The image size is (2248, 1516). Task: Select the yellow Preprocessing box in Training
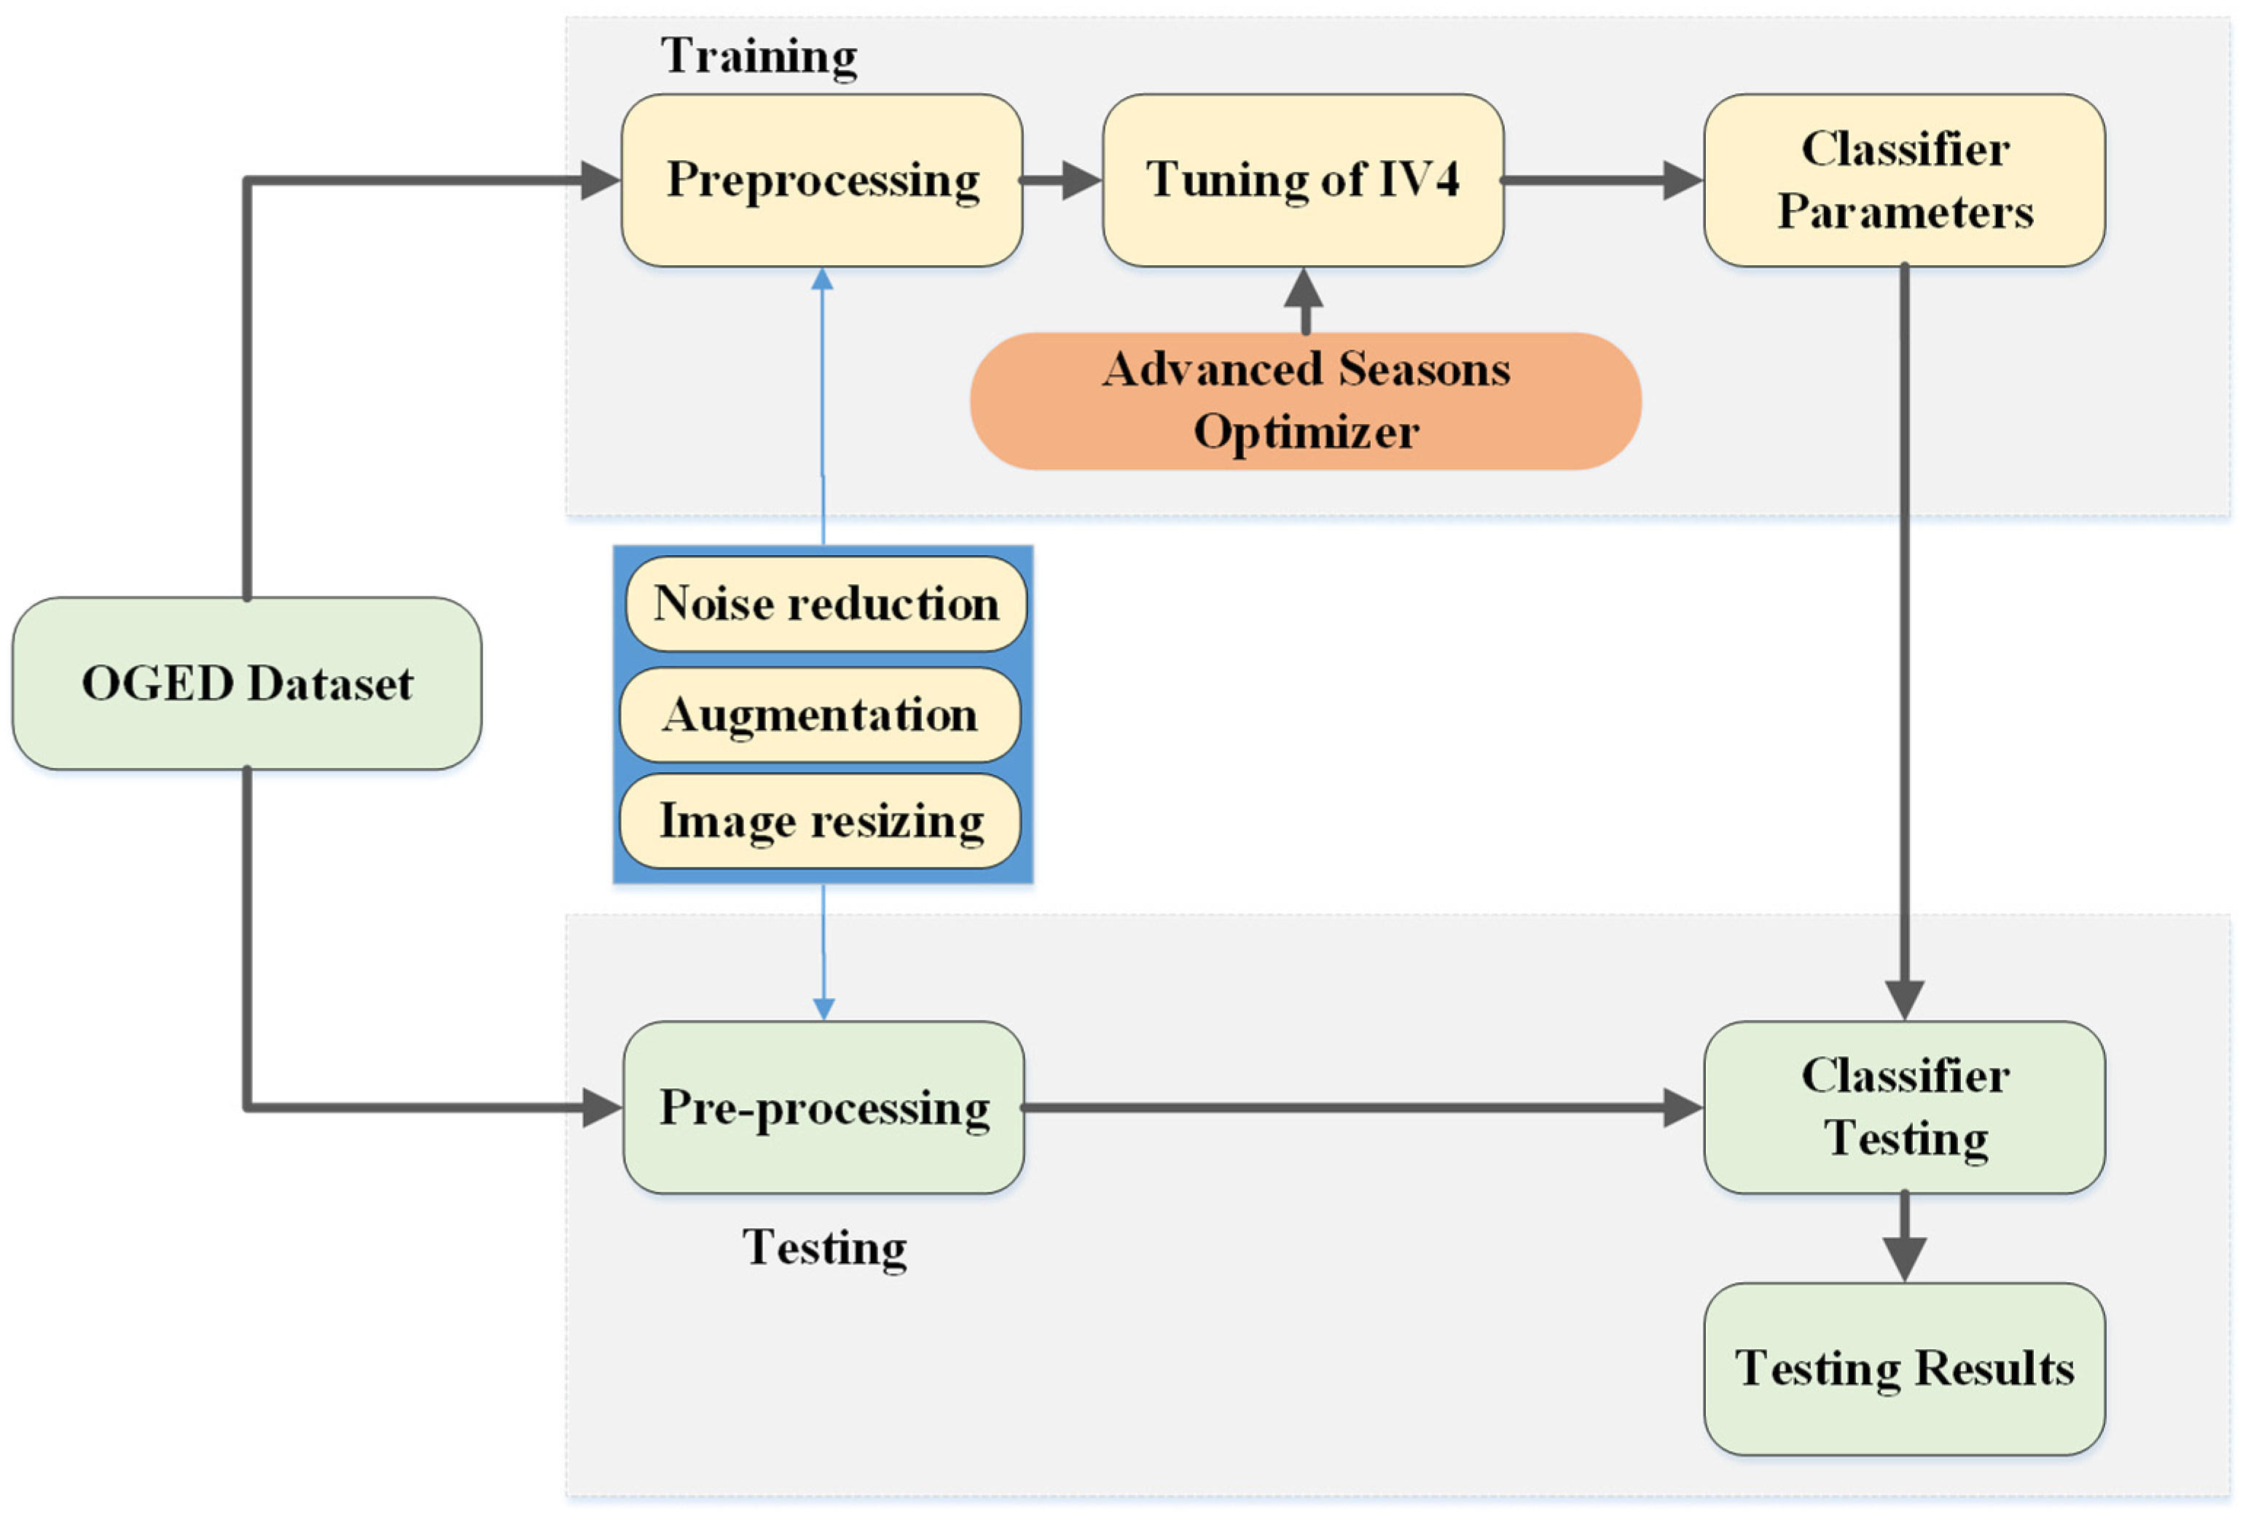pyautogui.click(x=822, y=180)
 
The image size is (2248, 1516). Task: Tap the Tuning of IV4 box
pyautogui.click(x=1302, y=180)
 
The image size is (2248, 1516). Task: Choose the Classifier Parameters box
pyautogui.click(x=1904, y=180)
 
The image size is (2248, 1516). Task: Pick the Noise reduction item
pyautogui.click(x=826, y=603)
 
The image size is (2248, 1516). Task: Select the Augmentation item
pyautogui.click(x=820, y=715)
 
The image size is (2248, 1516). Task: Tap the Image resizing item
pyautogui.click(x=820, y=821)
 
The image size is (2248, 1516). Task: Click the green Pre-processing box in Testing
pyautogui.click(x=823, y=1107)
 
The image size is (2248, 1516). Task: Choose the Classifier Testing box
pyautogui.click(x=1904, y=1107)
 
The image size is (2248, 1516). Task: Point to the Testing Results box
pyautogui.click(x=1904, y=1368)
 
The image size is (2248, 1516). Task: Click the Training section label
pyautogui.click(x=759, y=56)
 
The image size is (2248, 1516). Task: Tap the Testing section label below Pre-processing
pyautogui.click(x=824, y=1247)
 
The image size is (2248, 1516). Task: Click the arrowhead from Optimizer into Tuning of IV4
pyautogui.click(x=1304, y=288)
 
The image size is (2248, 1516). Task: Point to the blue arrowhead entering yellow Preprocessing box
pyautogui.click(x=822, y=280)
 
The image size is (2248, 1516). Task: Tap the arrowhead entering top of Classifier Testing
pyautogui.click(x=1904, y=999)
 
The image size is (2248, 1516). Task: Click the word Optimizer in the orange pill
pyautogui.click(x=1305, y=432)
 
